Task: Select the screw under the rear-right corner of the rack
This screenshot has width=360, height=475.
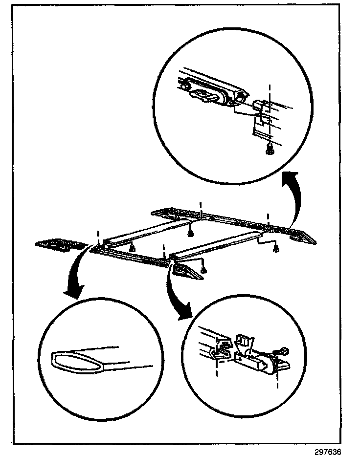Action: [276, 250]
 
